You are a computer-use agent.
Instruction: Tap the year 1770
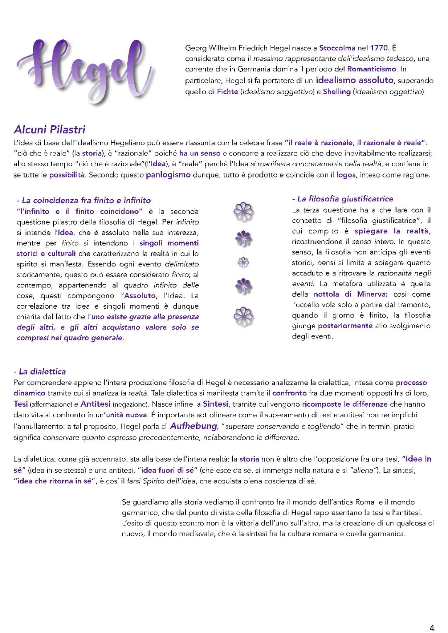click(x=379, y=48)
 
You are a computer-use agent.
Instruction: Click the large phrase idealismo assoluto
click(x=354, y=80)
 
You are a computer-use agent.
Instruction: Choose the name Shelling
click(x=336, y=92)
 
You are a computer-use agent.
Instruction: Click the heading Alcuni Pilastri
click(x=49, y=130)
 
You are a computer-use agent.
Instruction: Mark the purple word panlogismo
click(x=168, y=175)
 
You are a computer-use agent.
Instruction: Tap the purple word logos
click(x=346, y=175)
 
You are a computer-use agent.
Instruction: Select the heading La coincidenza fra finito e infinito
click(x=83, y=201)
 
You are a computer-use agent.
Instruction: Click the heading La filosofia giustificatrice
click(x=343, y=199)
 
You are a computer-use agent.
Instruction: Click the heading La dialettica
click(x=40, y=372)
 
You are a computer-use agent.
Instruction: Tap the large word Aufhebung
click(x=194, y=425)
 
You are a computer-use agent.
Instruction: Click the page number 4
click(x=432, y=628)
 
